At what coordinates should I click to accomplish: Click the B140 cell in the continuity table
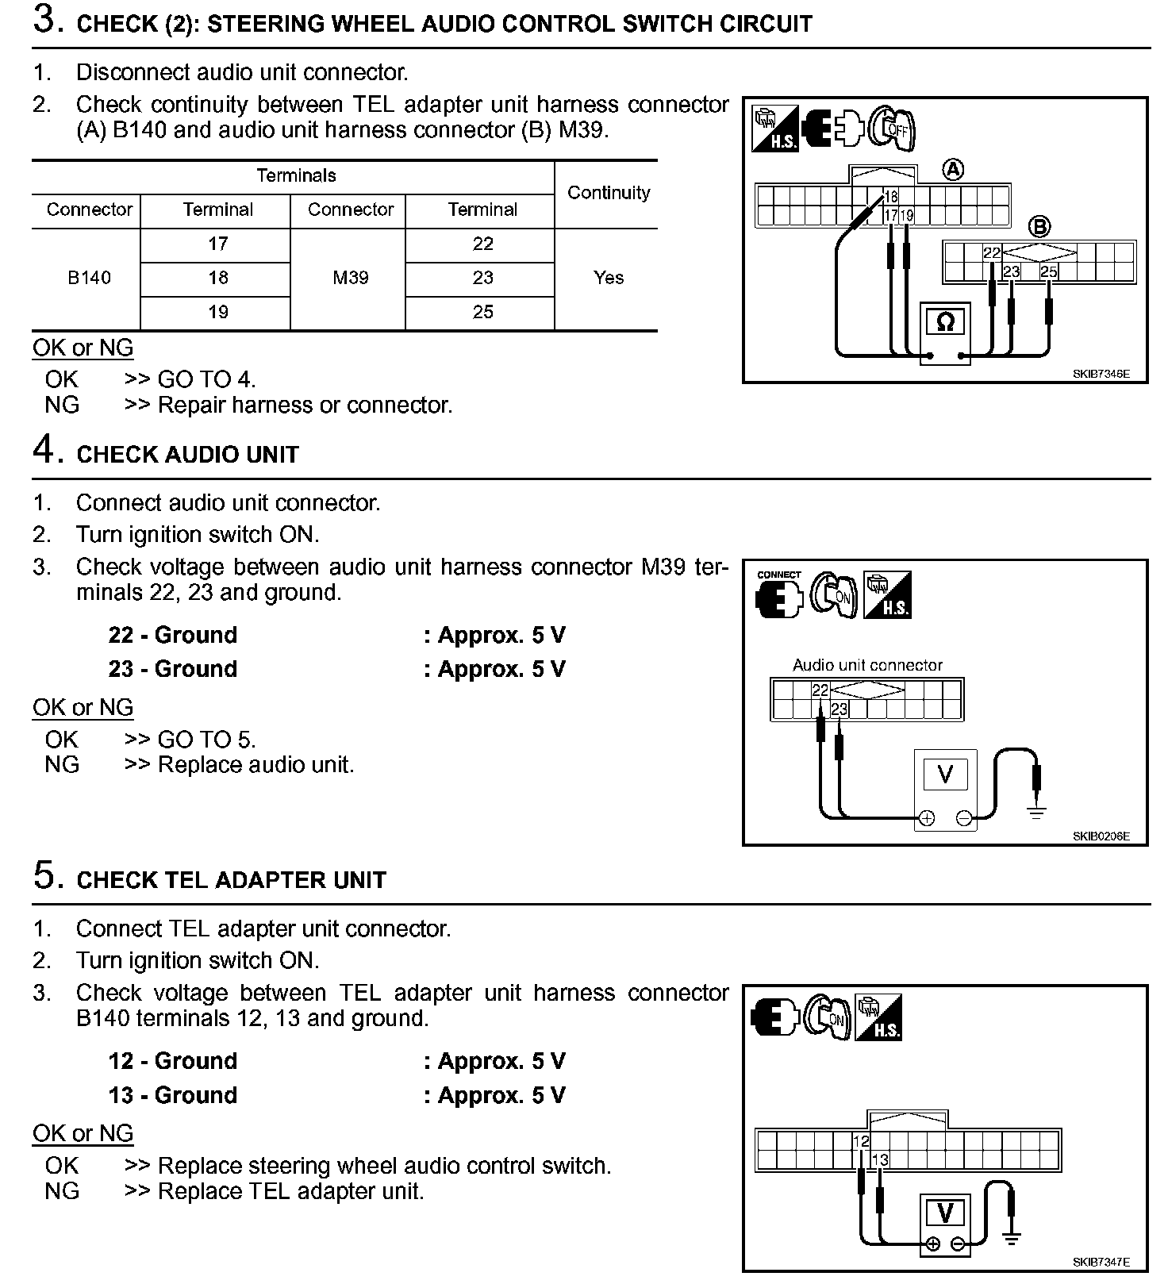coord(89,278)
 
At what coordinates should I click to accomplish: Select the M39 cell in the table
coord(350,278)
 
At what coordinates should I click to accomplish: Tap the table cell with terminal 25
coord(482,312)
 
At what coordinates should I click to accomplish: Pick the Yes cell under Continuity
coord(609,278)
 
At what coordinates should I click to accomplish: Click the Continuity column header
coord(609,193)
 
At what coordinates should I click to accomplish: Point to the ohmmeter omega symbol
coord(945,322)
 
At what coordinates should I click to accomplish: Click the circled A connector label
coord(953,170)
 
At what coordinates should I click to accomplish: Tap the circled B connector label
coord(1039,227)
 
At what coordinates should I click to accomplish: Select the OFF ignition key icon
coord(893,128)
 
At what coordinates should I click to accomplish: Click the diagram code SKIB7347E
coord(1101,1262)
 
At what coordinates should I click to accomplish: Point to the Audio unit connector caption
coord(867,665)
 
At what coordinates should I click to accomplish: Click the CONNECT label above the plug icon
coord(779,575)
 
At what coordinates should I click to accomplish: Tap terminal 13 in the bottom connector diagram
coord(880,1160)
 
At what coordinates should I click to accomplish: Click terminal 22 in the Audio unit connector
coord(820,690)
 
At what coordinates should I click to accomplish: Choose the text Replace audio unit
coord(255,765)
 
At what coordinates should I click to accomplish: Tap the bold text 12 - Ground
coord(173,1061)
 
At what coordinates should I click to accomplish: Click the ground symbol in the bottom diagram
coord(1011,1237)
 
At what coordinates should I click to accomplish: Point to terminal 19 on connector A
coord(907,215)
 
